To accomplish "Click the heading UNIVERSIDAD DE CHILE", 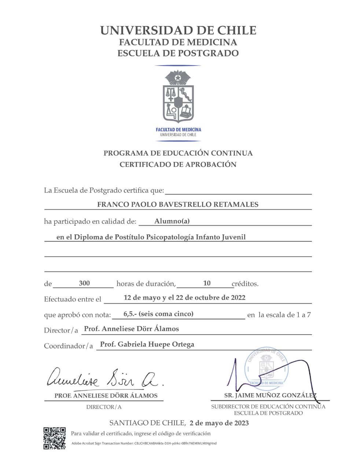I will (x=178, y=30).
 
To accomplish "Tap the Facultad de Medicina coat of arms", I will (x=178, y=96).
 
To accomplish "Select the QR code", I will (x=55, y=438).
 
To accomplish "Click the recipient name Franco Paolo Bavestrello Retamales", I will (x=178, y=204).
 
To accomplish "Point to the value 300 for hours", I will (x=84, y=283).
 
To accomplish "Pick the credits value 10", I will (x=207, y=283).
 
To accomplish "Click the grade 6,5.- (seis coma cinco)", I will (x=158, y=314).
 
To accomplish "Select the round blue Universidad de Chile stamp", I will (x=267, y=368).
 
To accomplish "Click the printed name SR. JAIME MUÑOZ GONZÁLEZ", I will (x=270, y=396).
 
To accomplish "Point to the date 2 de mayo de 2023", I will (x=219, y=423).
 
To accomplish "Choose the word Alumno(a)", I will (x=172, y=221).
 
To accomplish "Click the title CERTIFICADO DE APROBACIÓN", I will (x=178, y=165).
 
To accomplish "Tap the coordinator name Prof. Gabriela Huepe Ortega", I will (x=147, y=344).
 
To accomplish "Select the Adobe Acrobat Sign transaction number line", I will (x=144, y=443).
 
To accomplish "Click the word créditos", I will (x=245, y=284).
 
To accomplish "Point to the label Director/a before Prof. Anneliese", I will (x=61, y=330).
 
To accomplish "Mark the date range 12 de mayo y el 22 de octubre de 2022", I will (x=184, y=298).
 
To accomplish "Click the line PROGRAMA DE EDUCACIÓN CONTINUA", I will (x=178, y=153).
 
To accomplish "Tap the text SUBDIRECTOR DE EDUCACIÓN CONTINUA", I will (x=268, y=407).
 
